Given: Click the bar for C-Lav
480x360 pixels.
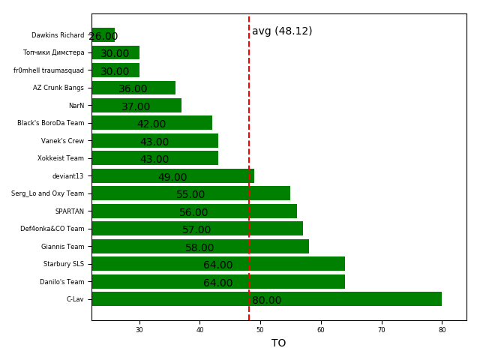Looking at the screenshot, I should (x=266, y=299).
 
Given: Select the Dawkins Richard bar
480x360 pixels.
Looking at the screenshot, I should (x=103, y=35).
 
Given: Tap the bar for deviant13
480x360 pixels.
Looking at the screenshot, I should (x=172, y=176).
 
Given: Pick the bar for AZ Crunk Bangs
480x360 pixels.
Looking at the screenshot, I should (x=133, y=88).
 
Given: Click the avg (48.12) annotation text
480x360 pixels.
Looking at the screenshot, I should (x=282, y=31).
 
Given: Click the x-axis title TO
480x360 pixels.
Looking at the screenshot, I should (x=278, y=343).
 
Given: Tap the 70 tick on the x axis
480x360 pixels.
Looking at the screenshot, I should (x=381, y=330).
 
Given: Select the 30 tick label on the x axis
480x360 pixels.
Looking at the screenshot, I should (x=139, y=330).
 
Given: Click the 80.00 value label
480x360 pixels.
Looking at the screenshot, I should (x=266, y=301).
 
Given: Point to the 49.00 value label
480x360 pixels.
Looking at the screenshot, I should (x=172, y=178).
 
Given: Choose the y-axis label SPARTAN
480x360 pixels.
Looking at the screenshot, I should (x=70, y=211).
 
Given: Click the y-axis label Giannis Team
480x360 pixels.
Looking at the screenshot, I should (x=63, y=247).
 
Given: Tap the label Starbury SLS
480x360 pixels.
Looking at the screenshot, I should (x=64, y=264).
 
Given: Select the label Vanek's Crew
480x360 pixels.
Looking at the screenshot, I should (x=63, y=141).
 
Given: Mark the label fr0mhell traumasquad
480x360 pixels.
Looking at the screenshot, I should (x=49, y=70).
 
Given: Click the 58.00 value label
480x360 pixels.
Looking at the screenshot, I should (x=199, y=248).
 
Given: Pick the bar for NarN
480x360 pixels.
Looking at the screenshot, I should (x=136, y=106).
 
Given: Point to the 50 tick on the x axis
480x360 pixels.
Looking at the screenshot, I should (x=260, y=330).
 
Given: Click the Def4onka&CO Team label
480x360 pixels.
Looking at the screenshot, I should (x=52, y=229).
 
